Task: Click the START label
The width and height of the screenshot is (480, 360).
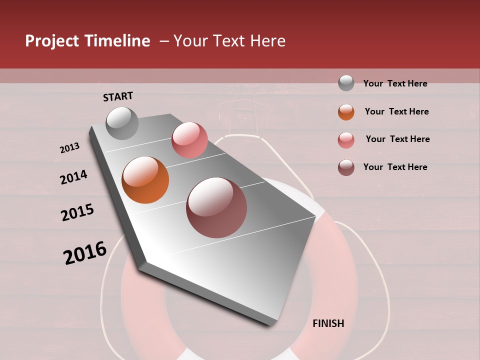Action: (118, 96)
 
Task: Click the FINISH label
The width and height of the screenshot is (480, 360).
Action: (328, 323)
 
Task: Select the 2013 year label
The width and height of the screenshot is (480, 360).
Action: (69, 148)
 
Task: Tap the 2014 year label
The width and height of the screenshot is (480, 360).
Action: (73, 177)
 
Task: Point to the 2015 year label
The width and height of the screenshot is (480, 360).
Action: (77, 212)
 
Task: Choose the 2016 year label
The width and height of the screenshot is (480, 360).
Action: (85, 252)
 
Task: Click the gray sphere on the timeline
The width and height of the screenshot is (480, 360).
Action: (122, 123)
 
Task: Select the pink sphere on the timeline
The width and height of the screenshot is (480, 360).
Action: (189, 140)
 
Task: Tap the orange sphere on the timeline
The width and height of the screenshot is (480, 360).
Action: (145, 180)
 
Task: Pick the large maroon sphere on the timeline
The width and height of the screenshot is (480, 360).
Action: (216, 207)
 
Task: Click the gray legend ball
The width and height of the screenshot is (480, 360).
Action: (346, 83)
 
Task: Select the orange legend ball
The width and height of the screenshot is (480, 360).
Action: (346, 112)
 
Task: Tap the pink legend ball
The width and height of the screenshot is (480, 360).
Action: (346, 140)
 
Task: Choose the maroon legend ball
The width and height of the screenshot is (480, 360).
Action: (346, 167)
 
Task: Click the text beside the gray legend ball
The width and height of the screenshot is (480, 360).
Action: (395, 83)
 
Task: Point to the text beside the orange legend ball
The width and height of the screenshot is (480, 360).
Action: (396, 111)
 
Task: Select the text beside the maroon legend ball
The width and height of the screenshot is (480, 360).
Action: (395, 167)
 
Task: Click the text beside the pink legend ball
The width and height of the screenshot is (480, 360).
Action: (397, 139)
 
